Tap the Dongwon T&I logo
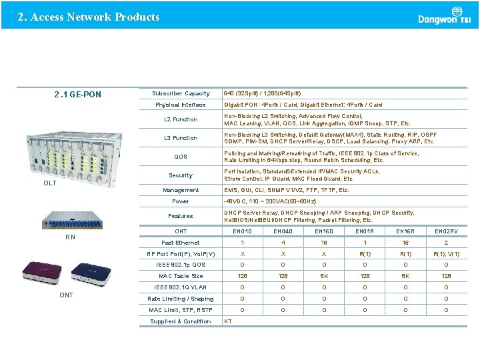point(444,15)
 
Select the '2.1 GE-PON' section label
point(77,95)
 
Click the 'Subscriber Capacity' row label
point(181,93)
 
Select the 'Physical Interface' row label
point(181,105)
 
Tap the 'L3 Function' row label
point(181,138)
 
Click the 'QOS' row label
point(181,157)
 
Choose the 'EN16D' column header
point(324,231)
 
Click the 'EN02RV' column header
point(446,231)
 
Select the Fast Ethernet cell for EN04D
point(283,243)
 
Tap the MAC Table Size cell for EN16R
point(405,276)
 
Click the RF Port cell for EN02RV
point(446,254)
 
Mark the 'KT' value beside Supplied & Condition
point(228,321)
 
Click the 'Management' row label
point(181,190)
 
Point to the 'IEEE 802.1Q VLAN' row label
point(181,287)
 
